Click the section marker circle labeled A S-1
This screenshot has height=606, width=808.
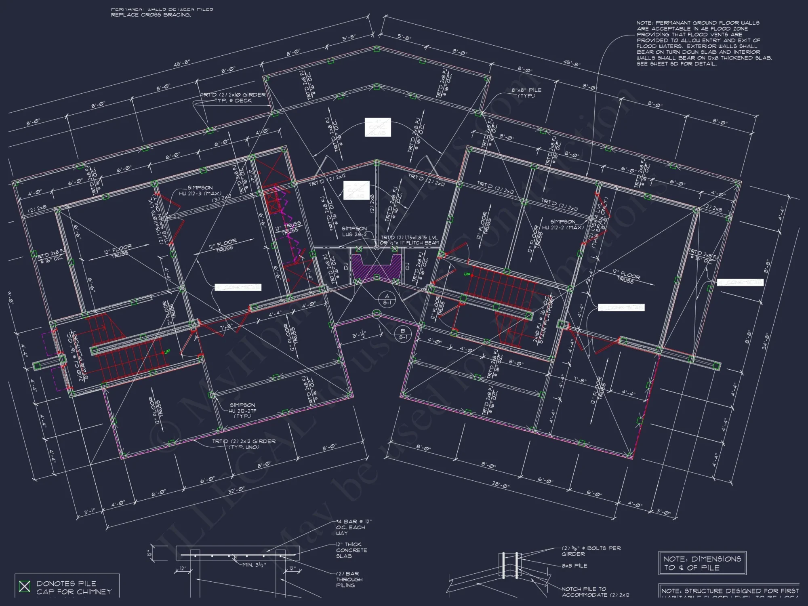(387, 299)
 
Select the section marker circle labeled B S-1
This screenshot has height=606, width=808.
(403, 334)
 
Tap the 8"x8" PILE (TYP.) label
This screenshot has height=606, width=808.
(526, 93)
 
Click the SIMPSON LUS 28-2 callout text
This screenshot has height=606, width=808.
(354, 231)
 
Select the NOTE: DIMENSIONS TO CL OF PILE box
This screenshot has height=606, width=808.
(702, 563)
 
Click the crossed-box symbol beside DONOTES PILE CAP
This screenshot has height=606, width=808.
(25, 586)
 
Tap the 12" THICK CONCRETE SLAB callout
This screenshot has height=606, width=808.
(351, 550)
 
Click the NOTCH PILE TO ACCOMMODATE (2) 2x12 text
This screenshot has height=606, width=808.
(595, 592)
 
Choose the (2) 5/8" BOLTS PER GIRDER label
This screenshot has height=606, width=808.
(591, 551)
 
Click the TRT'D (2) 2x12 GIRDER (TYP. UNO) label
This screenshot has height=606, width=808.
(244, 444)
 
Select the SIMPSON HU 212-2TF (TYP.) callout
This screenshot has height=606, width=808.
(242, 410)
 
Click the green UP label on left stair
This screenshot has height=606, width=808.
(167, 351)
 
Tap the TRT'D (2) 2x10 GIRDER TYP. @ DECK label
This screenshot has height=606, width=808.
(233, 97)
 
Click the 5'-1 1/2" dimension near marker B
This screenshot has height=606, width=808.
(358, 335)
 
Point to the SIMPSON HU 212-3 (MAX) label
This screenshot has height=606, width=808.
(200, 190)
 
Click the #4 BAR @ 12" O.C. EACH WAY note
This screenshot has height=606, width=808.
(353, 527)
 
